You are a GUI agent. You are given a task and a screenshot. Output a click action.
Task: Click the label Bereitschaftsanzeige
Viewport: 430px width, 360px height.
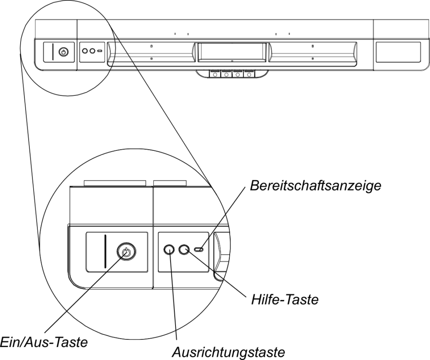pos(315,186)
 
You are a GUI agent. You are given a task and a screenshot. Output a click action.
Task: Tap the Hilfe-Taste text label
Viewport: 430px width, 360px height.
pos(285,300)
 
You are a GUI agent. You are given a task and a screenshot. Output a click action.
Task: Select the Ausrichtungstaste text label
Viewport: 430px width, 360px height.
pos(228,351)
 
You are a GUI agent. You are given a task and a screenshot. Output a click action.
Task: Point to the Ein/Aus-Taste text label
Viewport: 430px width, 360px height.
pos(44,342)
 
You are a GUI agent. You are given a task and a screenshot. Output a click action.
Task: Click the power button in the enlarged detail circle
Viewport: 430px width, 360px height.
pos(126,251)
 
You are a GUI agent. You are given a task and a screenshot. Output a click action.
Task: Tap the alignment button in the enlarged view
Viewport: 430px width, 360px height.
pos(169,250)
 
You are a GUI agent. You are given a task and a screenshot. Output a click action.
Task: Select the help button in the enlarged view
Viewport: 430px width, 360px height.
pos(184,250)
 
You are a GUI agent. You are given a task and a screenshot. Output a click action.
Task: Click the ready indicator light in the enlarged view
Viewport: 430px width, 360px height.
pos(199,250)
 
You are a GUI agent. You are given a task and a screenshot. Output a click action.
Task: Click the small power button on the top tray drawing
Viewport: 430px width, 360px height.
pos(63,52)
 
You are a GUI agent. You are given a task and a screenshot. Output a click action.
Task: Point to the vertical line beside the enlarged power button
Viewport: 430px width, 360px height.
pos(105,251)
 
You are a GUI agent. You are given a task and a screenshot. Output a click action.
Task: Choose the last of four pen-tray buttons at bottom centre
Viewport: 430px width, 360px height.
pos(249,74)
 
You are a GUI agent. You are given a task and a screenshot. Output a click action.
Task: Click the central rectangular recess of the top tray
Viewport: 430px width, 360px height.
pos(232,52)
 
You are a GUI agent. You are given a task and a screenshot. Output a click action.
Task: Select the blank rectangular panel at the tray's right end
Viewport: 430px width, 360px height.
pos(398,52)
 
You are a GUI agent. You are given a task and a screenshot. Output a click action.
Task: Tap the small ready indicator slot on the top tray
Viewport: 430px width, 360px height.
pos(100,51)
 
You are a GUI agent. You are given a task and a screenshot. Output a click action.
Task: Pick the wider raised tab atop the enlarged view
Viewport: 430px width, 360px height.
pos(115,183)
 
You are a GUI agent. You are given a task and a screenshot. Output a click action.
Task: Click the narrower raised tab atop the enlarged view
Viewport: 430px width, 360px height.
pos(170,183)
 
